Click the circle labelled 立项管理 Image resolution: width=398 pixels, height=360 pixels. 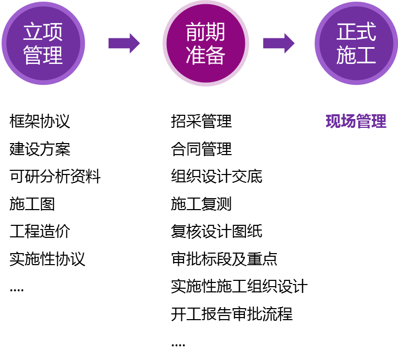[43, 43]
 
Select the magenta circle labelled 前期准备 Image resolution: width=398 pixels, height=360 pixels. [206, 43]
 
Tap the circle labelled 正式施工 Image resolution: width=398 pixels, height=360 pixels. [356, 43]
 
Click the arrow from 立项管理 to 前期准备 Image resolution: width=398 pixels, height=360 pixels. [124, 43]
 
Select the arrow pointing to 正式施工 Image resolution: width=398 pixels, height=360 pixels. [278, 43]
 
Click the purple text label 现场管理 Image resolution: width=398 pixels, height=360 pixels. [356, 122]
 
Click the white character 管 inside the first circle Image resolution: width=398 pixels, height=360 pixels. [33, 55]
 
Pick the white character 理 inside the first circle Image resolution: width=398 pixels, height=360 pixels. [53, 55]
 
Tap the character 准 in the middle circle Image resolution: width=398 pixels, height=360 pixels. [196, 55]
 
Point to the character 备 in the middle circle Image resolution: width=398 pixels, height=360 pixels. [216, 55]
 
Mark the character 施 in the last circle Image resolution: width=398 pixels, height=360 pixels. [346, 55]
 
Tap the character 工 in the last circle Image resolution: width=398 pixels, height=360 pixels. [366, 55]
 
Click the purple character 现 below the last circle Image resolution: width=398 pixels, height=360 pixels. [333, 122]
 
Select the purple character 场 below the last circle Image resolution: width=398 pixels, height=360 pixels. [348, 122]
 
